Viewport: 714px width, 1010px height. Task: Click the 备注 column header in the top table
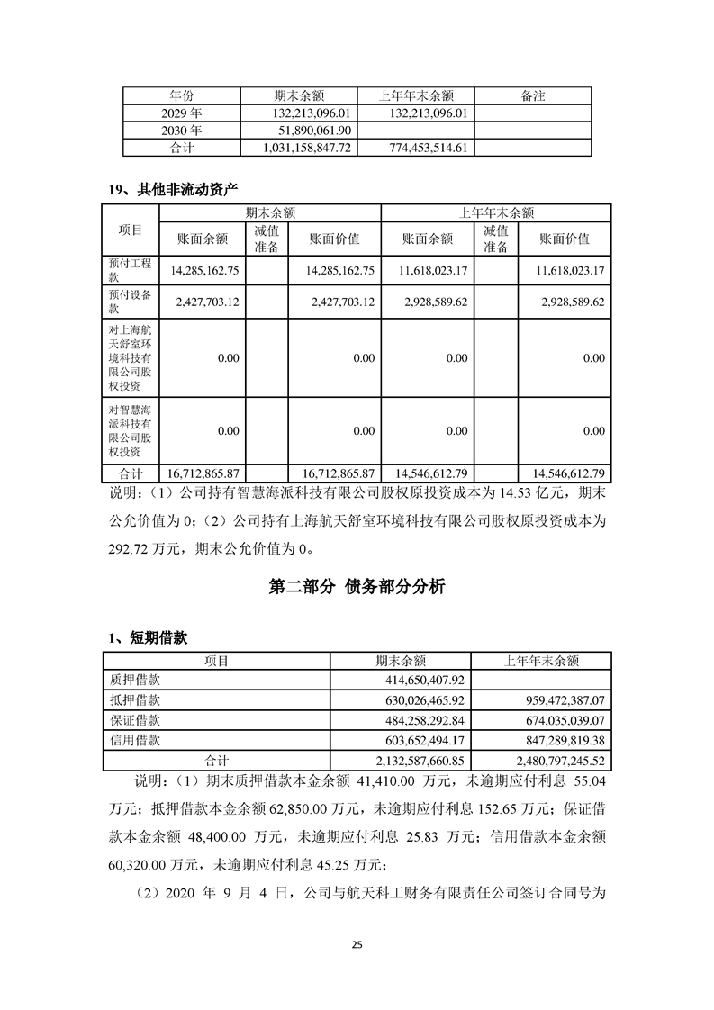coord(533,95)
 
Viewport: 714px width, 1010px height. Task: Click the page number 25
coord(357,944)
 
